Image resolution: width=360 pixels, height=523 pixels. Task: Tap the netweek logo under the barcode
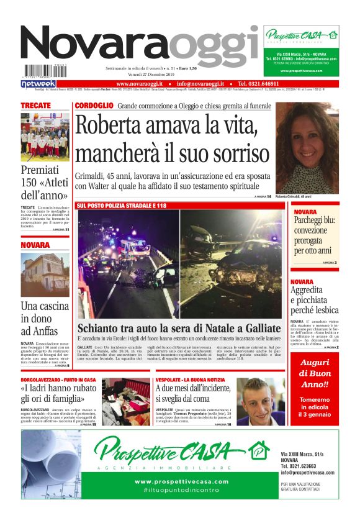38,83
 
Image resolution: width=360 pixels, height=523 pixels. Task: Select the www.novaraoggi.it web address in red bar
139,83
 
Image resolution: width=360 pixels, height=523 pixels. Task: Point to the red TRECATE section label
35,106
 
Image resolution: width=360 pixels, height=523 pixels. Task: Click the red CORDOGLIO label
94,106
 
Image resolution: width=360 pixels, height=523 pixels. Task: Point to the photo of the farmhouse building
45,275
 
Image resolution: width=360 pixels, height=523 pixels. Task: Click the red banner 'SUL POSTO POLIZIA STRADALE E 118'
122,205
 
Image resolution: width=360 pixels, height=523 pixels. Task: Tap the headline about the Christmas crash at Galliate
179,327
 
